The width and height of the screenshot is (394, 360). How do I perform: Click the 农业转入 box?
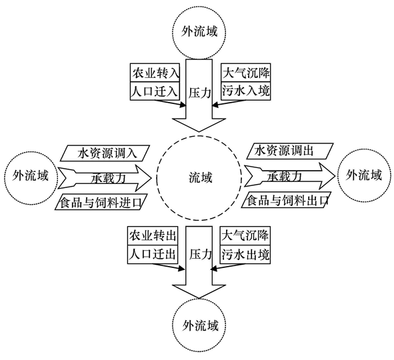pyautogui.click(x=155, y=72)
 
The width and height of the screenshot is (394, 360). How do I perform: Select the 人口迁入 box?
pyautogui.click(x=155, y=91)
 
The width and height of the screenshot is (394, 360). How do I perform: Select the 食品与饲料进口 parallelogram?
pyautogui.click(x=101, y=201)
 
